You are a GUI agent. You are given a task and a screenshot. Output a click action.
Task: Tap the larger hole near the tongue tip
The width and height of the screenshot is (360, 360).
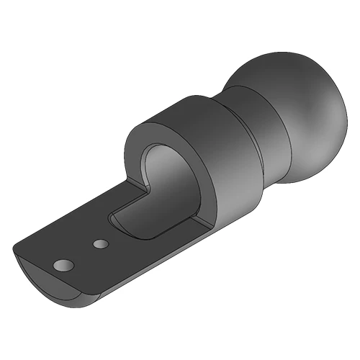63,266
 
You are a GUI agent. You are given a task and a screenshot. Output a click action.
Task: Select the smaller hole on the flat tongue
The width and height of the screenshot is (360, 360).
100,245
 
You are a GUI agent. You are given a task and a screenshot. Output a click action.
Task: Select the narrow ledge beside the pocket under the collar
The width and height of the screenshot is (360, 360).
194,230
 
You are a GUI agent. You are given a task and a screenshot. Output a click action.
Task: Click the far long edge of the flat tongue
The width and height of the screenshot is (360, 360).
72,216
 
